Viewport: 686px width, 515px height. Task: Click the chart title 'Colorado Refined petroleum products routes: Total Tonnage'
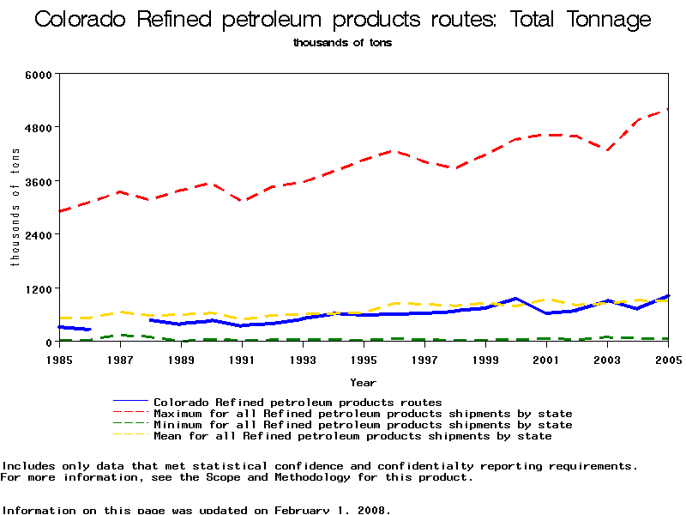click(x=342, y=20)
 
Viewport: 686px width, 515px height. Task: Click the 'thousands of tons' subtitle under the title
click(x=342, y=42)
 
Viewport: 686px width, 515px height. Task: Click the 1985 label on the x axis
click(x=59, y=359)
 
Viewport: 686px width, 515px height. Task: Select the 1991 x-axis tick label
click(x=242, y=359)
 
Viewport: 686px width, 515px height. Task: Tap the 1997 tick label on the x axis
click(x=424, y=359)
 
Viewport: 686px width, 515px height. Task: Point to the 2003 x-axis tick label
click(x=607, y=359)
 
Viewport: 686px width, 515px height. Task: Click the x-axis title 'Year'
click(x=363, y=382)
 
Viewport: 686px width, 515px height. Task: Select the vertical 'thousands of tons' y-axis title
click(x=15, y=207)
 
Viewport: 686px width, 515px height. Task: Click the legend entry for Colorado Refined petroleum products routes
click(x=298, y=402)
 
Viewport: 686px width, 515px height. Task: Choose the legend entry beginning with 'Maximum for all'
click(x=363, y=414)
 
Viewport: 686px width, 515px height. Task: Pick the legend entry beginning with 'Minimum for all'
click(x=363, y=425)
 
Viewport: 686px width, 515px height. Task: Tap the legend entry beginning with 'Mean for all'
click(x=352, y=436)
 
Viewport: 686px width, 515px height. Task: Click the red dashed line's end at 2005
click(x=667, y=110)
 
